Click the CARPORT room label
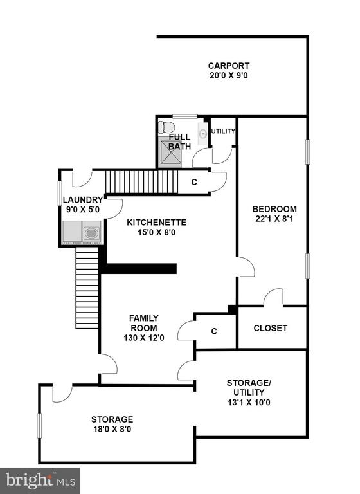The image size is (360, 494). [x=229, y=66]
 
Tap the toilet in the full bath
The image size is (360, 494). [x=166, y=127]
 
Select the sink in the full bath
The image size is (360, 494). [x=203, y=134]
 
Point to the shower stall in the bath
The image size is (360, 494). [x=171, y=152]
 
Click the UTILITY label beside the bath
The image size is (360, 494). [x=223, y=131]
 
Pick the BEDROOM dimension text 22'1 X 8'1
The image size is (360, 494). [x=274, y=219]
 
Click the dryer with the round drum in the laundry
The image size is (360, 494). [x=92, y=233]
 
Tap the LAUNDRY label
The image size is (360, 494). [x=83, y=200]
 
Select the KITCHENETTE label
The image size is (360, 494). [x=156, y=223]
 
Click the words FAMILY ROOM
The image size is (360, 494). [x=144, y=323]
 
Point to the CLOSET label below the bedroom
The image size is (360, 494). [x=270, y=328]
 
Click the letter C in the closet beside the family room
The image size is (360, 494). [x=214, y=331]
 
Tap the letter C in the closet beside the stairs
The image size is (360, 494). [x=194, y=182]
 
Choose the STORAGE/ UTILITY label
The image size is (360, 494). [x=249, y=387]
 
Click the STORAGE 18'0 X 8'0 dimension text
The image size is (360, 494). [x=112, y=429]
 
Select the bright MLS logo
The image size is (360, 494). [x=40, y=480]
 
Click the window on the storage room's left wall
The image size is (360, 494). [x=40, y=426]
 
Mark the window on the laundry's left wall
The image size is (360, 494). [x=60, y=193]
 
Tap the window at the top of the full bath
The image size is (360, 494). [x=185, y=116]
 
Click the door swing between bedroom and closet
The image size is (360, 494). [x=273, y=296]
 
